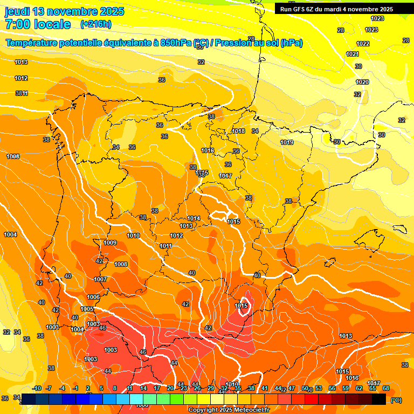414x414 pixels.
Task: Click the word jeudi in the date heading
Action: [x=17, y=11]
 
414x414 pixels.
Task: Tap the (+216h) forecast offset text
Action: [x=96, y=24]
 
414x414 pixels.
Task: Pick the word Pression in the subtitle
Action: [x=233, y=43]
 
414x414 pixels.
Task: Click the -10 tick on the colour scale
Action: [x=37, y=388]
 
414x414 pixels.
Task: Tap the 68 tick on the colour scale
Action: [x=386, y=388]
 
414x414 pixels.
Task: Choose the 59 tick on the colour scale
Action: [x=346, y=388]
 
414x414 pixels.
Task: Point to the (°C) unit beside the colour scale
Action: [x=396, y=400]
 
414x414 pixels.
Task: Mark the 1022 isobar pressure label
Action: [x=363, y=44]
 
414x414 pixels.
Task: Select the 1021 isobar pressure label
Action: [x=353, y=54]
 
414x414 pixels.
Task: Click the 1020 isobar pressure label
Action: [x=362, y=82]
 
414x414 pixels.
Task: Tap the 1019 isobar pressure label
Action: [x=287, y=142]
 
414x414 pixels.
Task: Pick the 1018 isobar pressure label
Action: [x=238, y=131]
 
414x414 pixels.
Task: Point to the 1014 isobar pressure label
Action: [x=194, y=218]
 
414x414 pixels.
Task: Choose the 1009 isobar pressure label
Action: [x=110, y=243]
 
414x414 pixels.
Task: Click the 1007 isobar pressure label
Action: [x=100, y=279]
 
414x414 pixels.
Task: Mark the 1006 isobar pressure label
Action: [x=93, y=297]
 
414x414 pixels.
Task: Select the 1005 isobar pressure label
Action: [x=87, y=309]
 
